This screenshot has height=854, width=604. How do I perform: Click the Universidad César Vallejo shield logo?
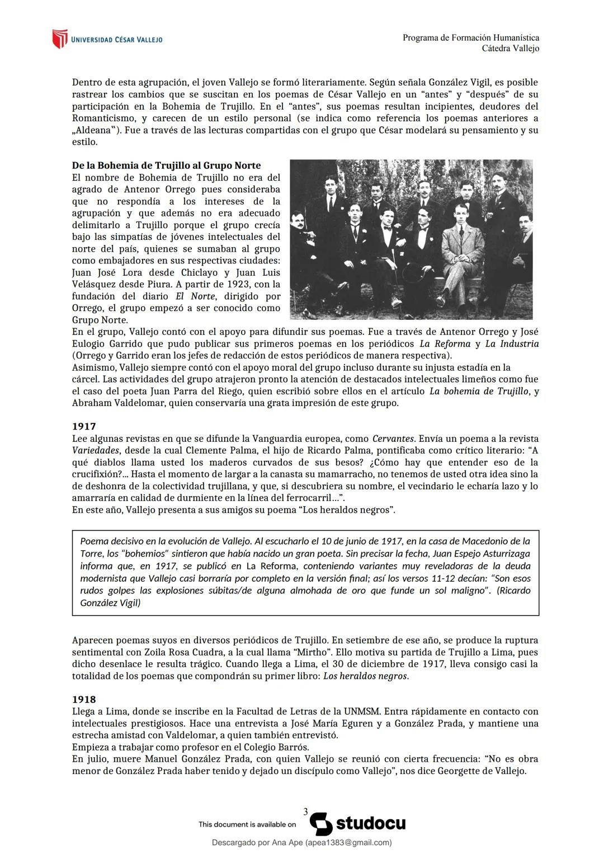59,39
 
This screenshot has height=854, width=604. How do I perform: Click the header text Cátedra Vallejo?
510,49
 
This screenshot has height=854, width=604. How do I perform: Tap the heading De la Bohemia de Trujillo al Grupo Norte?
166,166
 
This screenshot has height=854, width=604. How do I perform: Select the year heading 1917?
84,427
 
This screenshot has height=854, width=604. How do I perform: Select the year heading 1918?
84,700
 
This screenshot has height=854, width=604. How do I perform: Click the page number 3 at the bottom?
305,811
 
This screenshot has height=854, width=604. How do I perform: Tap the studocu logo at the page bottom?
357,824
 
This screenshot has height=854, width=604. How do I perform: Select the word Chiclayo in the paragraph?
200,272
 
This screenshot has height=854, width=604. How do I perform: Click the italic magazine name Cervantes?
393,439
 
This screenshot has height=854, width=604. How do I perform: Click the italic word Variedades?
96,451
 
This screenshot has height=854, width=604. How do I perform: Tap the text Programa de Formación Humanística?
471,37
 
